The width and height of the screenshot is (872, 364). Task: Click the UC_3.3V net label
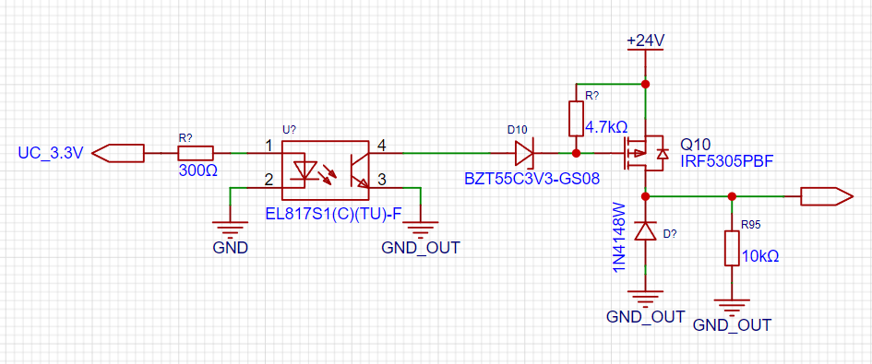coord(50,152)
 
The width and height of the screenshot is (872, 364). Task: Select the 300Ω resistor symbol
coord(196,153)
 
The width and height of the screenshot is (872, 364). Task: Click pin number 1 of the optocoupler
coord(269,147)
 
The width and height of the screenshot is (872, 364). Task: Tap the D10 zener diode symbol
coord(523,153)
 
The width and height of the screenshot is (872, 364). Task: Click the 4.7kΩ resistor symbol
coord(576,118)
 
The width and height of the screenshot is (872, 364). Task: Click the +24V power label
coord(646,41)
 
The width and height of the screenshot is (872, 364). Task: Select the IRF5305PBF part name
coord(727,161)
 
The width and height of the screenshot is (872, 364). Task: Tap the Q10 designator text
coord(695,145)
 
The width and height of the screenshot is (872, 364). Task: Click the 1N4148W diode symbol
coord(645,230)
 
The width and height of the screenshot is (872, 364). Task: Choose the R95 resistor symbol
coord(732,249)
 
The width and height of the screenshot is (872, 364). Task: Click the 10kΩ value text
coord(760,257)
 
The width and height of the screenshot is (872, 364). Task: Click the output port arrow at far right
coord(826,196)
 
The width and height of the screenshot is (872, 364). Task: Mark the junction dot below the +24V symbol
coord(645,85)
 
